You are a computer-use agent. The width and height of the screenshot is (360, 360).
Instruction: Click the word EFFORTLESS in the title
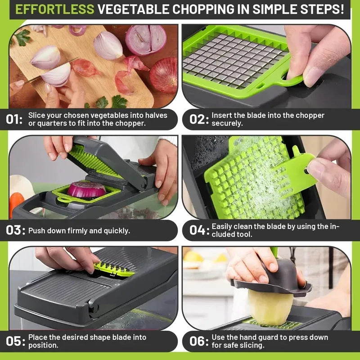[55, 9]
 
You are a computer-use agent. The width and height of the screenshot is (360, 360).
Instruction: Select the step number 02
[198, 120]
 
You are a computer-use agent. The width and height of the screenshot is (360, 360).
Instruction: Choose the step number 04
[198, 230]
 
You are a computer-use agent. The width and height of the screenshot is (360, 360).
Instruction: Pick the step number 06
[198, 341]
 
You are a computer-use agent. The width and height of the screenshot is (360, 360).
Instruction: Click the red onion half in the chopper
[86, 189]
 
